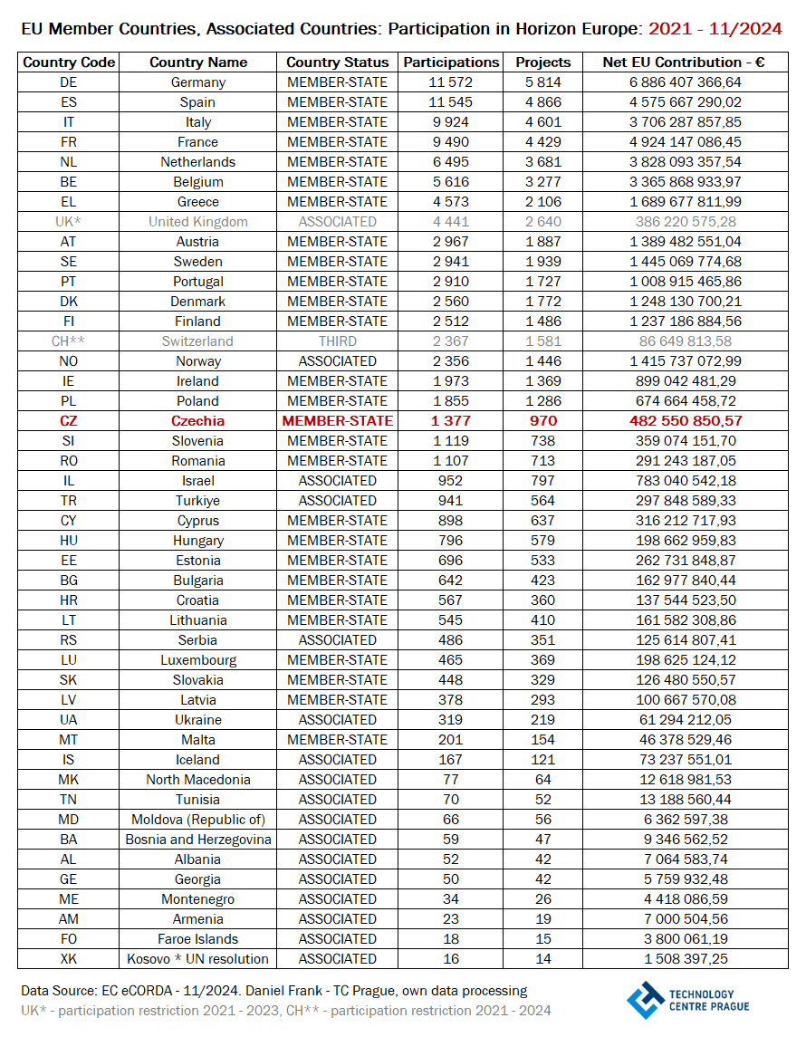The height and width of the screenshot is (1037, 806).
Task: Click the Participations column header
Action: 451,62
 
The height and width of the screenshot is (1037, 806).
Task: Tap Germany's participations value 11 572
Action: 451,82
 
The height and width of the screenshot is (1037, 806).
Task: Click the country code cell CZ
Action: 69,421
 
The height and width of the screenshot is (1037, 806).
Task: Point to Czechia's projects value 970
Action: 543,421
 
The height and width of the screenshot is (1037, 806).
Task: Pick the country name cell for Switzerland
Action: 197,341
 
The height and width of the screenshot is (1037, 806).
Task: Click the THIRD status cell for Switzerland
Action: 337,341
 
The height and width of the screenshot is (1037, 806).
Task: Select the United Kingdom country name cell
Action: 197,222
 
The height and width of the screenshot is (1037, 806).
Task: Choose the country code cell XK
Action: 69,959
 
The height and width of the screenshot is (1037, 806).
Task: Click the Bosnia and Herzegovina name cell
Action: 197,840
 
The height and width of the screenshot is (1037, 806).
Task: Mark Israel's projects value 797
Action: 543,481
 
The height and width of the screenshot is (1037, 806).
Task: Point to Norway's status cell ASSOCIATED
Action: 337,361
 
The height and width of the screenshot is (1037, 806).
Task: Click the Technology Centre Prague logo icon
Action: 646,1000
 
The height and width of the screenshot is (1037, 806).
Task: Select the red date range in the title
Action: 715,29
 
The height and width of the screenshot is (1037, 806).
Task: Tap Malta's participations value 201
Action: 451,740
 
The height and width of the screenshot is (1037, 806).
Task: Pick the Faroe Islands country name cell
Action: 197,939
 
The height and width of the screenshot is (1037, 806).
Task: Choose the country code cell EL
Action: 69,202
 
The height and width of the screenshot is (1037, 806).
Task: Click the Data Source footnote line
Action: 273,991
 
